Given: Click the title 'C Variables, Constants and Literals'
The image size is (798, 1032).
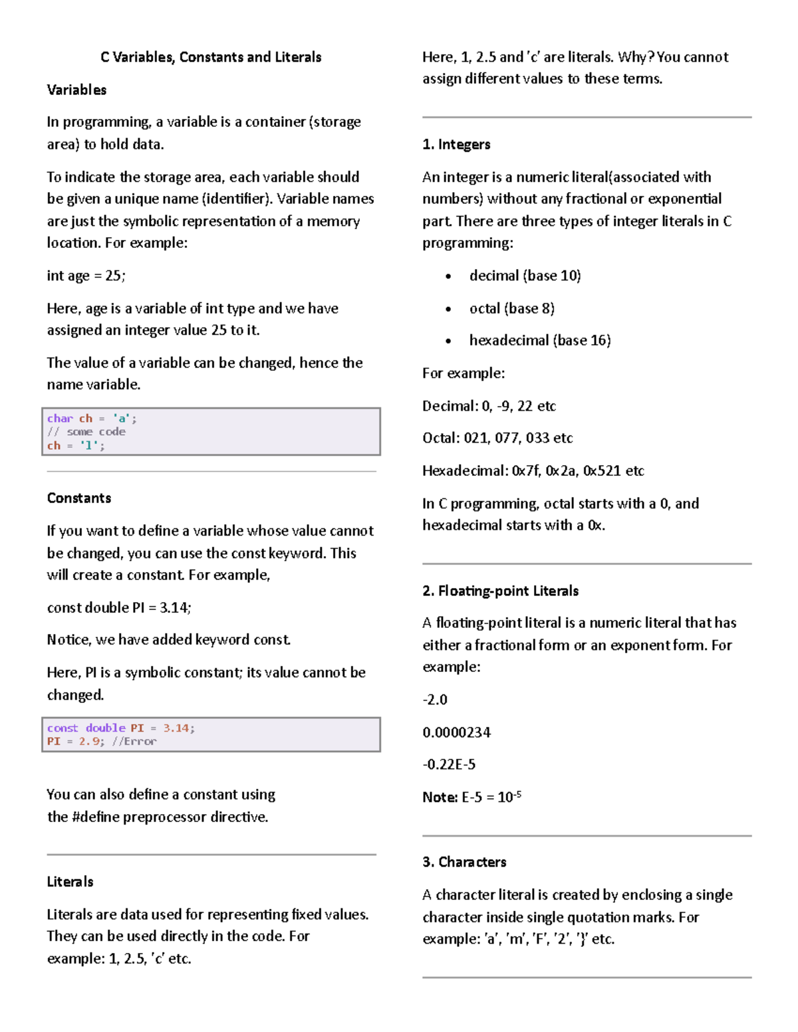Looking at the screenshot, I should click(x=211, y=57).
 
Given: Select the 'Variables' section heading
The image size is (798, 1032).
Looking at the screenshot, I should click(x=76, y=90).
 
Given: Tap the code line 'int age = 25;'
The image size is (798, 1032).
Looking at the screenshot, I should click(x=86, y=276).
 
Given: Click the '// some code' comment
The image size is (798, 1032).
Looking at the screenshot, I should click(x=86, y=432).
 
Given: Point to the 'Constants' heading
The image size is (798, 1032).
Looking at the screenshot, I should click(x=78, y=498).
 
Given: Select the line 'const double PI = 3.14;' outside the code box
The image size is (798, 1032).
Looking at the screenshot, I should click(x=119, y=607).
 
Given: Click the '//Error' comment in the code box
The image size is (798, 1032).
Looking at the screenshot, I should click(x=135, y=742).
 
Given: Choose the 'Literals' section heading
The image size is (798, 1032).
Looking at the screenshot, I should click(x=70, y=882).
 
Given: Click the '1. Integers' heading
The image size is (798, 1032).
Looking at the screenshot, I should click(x=456, y=145).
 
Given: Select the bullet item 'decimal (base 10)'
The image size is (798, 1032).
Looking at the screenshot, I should click(x=525, y=276).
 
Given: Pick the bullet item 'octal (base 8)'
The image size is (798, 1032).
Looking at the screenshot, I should click(x=511, y=308).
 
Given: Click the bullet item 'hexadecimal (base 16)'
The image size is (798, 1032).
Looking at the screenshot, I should click(x=539, y=340).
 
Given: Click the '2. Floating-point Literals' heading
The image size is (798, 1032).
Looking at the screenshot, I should click(x=500, y=591).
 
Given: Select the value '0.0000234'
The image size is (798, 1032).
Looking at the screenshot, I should click(x=456, y=732).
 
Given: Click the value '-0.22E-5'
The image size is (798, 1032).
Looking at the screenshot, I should click(x=449, y=764).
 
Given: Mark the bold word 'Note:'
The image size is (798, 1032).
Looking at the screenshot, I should click(x=440, y=797).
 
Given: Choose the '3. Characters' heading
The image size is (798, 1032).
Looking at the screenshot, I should click(x=464, y=862).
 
